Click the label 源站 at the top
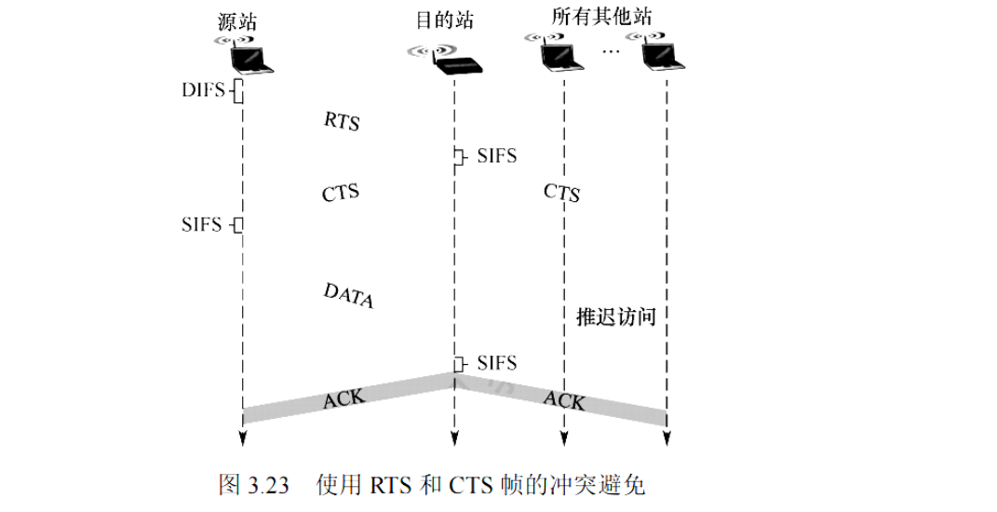(x=236, y=22)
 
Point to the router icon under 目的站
(x=453, y=63)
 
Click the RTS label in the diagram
(x=342, y=122)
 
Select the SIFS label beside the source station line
(x=203, y=224)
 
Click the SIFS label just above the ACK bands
(x=496, y=362)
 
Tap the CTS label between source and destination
(x=341, y=194)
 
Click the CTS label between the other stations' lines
(x=562, y=193)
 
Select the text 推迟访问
(x=616, y=317)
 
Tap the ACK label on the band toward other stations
(x=564, y=399)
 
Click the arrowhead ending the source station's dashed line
(x=242, y=440)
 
